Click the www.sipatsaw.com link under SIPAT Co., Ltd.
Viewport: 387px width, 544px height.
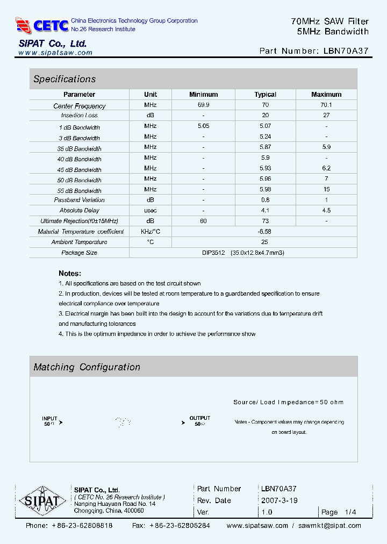(55, 53)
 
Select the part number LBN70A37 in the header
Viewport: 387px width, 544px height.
(346, 51)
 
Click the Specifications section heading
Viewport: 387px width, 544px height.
(64, 79)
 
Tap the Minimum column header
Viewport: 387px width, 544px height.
(203, 95)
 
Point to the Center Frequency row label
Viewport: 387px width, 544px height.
(80, 106)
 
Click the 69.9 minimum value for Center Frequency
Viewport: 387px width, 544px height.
(203, 105)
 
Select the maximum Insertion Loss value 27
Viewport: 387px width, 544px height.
(326, 116)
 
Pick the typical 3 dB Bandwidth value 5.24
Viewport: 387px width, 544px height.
(265, 137)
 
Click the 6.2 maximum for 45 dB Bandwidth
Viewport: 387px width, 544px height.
(326, 168)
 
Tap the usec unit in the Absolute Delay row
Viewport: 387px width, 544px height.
(150, 210)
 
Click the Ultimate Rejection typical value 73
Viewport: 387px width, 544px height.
(265, 221)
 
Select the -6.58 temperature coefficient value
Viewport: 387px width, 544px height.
(264, 231)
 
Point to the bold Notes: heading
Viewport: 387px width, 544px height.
(70, 273)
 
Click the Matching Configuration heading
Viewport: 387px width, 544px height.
(87, 367)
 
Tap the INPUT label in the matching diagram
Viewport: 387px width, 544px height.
(49, 418)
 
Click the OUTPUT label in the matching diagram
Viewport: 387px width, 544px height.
(200, 418)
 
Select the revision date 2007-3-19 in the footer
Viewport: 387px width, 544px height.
(279, 500)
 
